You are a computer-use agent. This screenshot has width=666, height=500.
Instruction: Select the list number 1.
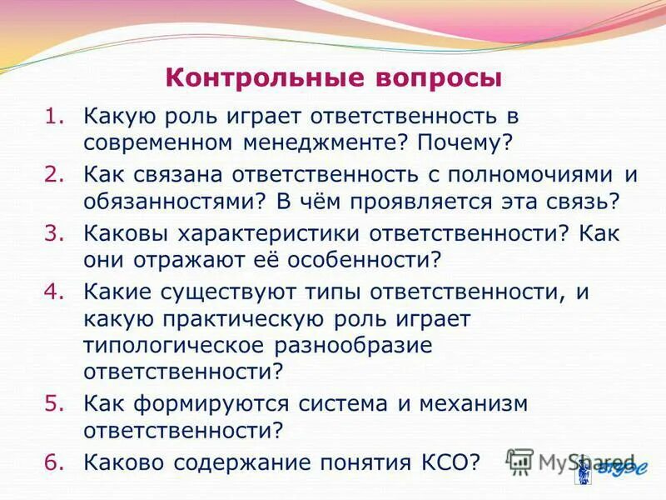[52, 117]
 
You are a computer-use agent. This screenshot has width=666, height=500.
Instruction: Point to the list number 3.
[52, 234]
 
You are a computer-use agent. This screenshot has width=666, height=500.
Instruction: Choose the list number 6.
[52, 460]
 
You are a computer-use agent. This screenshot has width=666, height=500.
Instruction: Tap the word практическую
[241, 318]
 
